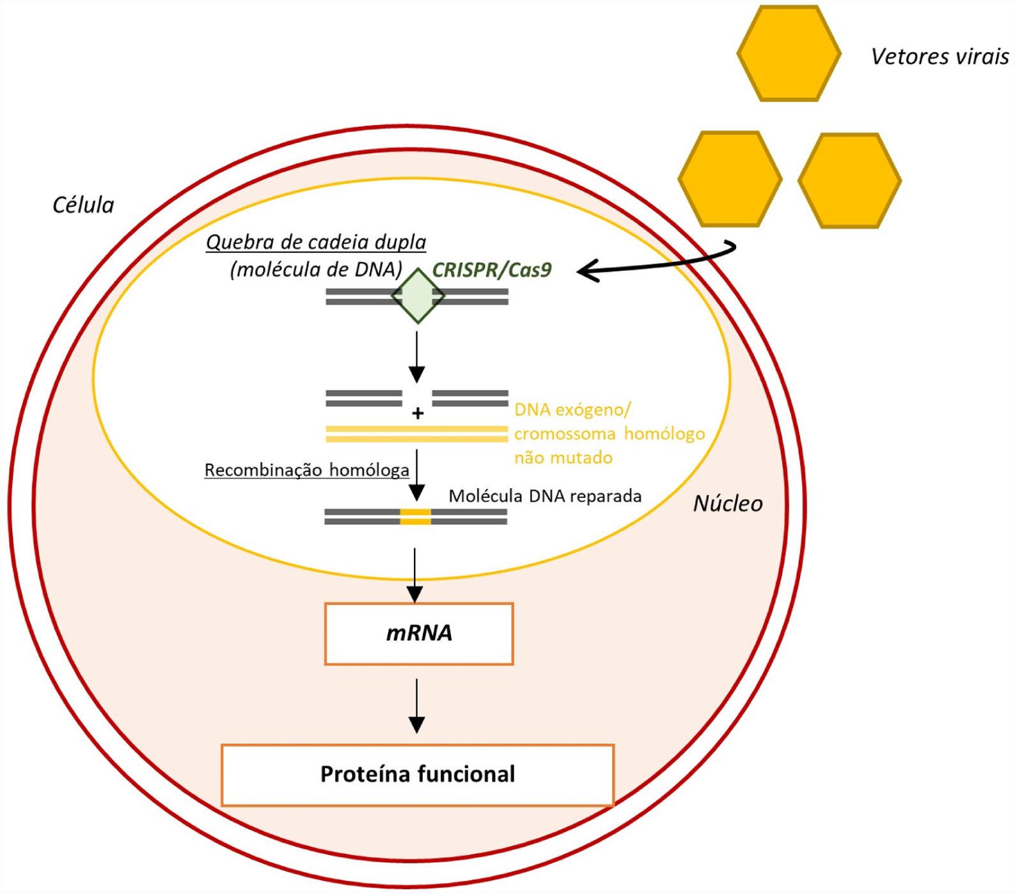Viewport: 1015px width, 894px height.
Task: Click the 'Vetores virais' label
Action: coord(939,57)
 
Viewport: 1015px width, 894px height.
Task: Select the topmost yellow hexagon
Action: coord(789,54)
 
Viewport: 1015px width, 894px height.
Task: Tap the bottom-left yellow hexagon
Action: coord(729,179)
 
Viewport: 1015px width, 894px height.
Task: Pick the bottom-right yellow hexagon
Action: coord(849,181)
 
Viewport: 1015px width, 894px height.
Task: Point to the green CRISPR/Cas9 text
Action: coord(491,270)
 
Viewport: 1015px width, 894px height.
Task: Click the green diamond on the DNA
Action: coord(418,296)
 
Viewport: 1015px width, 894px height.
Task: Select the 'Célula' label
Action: coord(83,205)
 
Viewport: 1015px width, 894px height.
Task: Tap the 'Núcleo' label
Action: coord(727,503)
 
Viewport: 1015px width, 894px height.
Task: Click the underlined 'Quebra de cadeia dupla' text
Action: coord(316,242)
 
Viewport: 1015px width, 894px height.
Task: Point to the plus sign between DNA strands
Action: coord(418,413)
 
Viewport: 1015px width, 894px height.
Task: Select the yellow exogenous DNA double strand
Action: coord(417,434)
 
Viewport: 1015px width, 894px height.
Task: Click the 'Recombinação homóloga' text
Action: coord(306,470)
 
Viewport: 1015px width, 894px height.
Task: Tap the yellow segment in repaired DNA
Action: coord(415,516)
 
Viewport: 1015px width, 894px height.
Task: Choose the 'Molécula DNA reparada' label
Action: coord(545,496)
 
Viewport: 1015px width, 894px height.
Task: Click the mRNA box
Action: coord(419,634)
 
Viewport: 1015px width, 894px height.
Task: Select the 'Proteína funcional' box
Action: coord(417,775)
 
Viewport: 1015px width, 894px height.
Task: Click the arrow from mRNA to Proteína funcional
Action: coord(417,705)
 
